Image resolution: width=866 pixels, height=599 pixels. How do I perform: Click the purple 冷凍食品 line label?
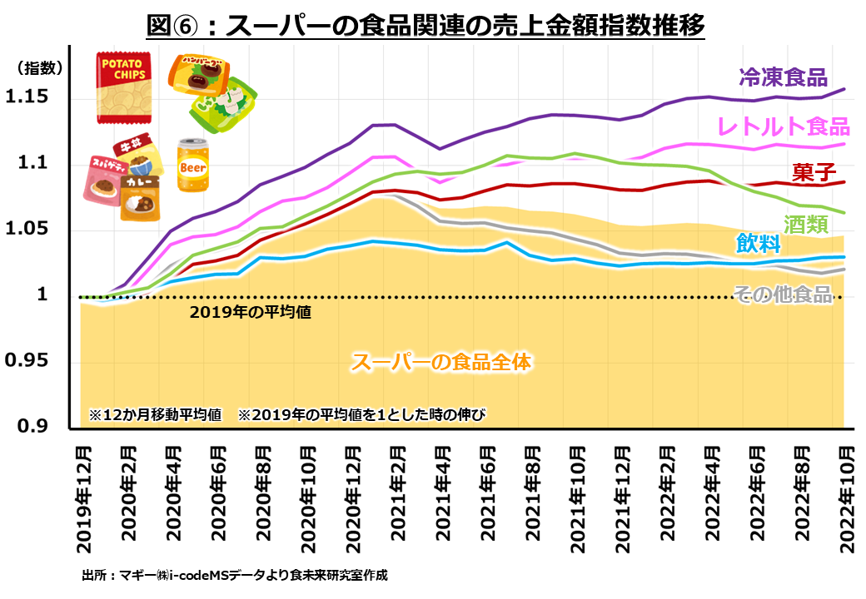[782, 77]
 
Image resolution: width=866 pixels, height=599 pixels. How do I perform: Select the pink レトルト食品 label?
[783, 126]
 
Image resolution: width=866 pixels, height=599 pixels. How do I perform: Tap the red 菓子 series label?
[814, 172]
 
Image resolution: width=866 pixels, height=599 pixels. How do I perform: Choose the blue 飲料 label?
[758, 244]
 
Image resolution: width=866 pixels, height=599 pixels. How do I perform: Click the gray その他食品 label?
[782, 294]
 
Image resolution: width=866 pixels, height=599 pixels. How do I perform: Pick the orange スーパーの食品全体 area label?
[440, 362]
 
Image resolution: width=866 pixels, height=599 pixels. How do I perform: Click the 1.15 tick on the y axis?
[27, 98]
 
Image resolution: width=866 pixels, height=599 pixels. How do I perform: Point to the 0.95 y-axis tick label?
[27, 362]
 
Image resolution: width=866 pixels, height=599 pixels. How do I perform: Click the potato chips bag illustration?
[122, 87]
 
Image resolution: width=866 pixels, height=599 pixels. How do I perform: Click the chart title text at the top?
[426, 25]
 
